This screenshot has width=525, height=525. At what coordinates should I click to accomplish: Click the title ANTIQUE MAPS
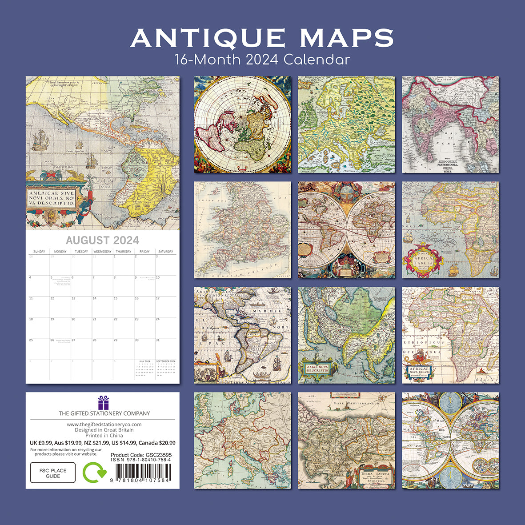262,38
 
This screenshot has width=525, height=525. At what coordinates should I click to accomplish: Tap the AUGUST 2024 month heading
102,240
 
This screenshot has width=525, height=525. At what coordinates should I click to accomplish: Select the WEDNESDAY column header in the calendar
102,252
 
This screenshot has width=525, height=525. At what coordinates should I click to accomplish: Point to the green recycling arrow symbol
94,472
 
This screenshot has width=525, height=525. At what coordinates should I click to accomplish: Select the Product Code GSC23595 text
141,455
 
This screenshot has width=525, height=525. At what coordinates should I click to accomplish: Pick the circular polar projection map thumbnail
243,124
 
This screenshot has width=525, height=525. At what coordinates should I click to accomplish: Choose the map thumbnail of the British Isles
243,230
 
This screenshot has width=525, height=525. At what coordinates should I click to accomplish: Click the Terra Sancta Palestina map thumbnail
346,441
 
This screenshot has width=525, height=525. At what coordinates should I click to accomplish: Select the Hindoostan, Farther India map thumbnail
450,124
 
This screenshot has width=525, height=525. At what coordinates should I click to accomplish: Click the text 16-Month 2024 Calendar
262,59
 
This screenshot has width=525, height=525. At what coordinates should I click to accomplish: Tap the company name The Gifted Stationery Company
104,413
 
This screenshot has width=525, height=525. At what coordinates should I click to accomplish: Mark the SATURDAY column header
165,252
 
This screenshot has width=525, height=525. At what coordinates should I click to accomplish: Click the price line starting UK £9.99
102,443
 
